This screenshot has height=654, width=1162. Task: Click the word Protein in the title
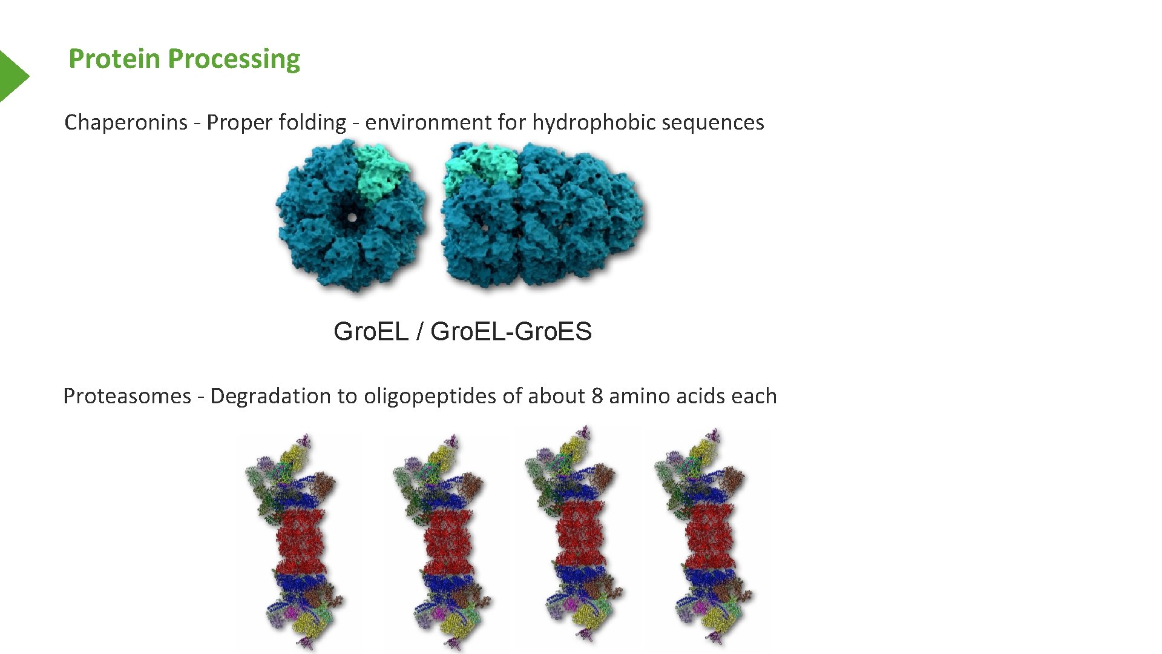pos(114,59)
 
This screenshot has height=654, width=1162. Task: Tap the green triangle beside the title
pos(12,76)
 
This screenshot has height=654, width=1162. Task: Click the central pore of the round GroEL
pos(351,216)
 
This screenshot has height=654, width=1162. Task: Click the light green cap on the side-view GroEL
pos(482,163)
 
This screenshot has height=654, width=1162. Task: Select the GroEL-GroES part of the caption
pos(511,331)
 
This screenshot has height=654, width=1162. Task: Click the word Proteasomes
pos(127,396)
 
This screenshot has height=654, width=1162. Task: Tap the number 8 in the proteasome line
pos(597,396)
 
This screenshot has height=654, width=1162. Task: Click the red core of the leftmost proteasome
pos(301,539)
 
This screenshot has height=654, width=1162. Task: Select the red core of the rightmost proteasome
pos(709,536)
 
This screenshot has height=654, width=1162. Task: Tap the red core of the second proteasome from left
pos(448,539)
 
